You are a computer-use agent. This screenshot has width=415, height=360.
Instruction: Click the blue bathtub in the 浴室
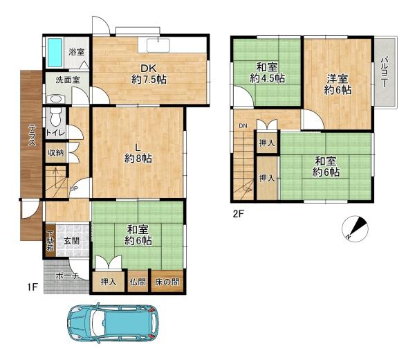[x=55, y=53]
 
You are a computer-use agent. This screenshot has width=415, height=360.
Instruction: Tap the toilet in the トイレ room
[x=55, y=116]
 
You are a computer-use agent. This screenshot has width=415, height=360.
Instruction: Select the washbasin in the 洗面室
[x=55, y=99]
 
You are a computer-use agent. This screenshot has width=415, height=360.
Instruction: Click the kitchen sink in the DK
[x=158, y=44]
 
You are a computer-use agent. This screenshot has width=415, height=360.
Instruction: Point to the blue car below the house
[x=113, y=323]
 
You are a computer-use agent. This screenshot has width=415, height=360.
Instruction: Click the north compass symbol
[x=356, y=229]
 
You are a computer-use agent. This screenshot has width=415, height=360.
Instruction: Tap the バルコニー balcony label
[x=384, y=72]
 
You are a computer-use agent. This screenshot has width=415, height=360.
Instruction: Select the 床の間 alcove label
[x=167, y=282]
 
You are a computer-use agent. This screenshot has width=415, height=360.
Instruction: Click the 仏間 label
[x=138, y=282]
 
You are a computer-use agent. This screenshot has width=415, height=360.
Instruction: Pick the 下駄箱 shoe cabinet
[x=50, y=241]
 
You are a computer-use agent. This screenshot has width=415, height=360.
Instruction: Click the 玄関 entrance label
[x=71, y=241]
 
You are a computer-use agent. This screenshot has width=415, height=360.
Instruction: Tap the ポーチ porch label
[x=67, y=276]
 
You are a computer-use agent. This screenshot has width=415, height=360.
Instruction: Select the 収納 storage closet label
[x=55, y=152]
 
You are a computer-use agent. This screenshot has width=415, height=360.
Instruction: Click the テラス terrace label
[x=32, y=135]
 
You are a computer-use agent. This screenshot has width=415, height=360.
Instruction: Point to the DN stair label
[x=243, y=126]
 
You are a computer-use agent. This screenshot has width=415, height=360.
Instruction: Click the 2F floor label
[x=238, y=213]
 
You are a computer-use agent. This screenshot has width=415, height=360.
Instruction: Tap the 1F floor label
[x=33, y=287]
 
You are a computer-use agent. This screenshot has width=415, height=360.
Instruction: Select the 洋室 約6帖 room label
[x=338, y=84]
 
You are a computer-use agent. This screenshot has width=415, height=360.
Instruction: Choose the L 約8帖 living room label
[x=138, y=154]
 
